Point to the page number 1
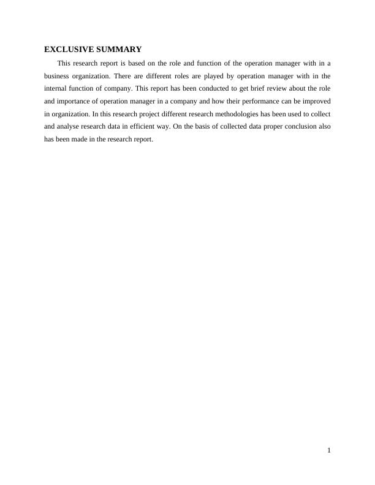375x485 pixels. (329, 451)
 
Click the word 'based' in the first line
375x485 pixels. (140, 62)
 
